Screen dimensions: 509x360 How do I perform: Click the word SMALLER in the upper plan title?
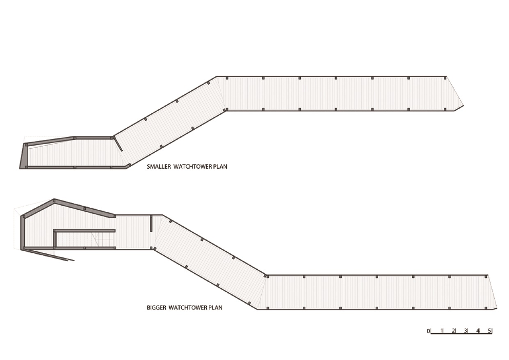(x=159, y=167)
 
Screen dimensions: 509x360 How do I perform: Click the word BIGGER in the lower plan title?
(x=156, y=308)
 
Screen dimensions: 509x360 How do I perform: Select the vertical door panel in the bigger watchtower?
(x=151, y=224)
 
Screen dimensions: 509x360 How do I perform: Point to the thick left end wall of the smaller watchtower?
(x=23, y=156)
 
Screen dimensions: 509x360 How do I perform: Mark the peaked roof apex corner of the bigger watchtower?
(x=54, y=200)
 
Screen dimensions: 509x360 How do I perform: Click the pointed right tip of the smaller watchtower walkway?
(x=463, y=105)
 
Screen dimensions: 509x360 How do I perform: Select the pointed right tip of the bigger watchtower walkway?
(x=497, y=308)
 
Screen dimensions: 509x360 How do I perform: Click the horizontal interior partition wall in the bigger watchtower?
(x=84, y=231)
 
